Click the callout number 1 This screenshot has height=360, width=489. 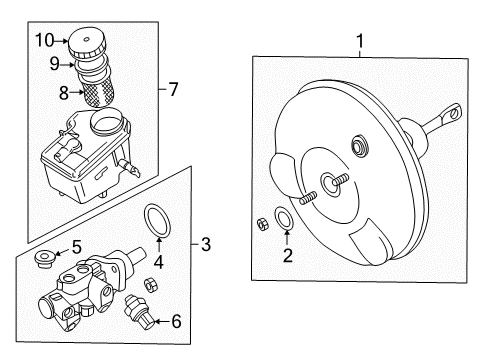click(360, 41)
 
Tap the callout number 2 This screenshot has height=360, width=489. click(288, 255)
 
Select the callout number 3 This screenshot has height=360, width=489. click(206, 244)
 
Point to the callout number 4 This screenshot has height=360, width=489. click(159, 262)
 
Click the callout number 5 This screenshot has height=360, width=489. click(77, 247)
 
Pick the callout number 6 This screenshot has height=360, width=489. click(176, 321)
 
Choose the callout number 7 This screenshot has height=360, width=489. click(173, 89)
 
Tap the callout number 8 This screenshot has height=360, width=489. click(64, 93)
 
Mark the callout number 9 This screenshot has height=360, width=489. click(55, 63)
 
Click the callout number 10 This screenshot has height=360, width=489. click(45, 40)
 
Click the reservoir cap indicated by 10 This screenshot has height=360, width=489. click(87, 43)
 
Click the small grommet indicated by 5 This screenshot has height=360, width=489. click(45, 259)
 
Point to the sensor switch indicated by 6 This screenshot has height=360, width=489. click(139, 310)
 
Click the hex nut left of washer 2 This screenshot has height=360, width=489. click(263, 223)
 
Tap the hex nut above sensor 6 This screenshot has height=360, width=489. click(150, 284)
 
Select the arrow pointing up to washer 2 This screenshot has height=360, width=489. click(288, 238)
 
